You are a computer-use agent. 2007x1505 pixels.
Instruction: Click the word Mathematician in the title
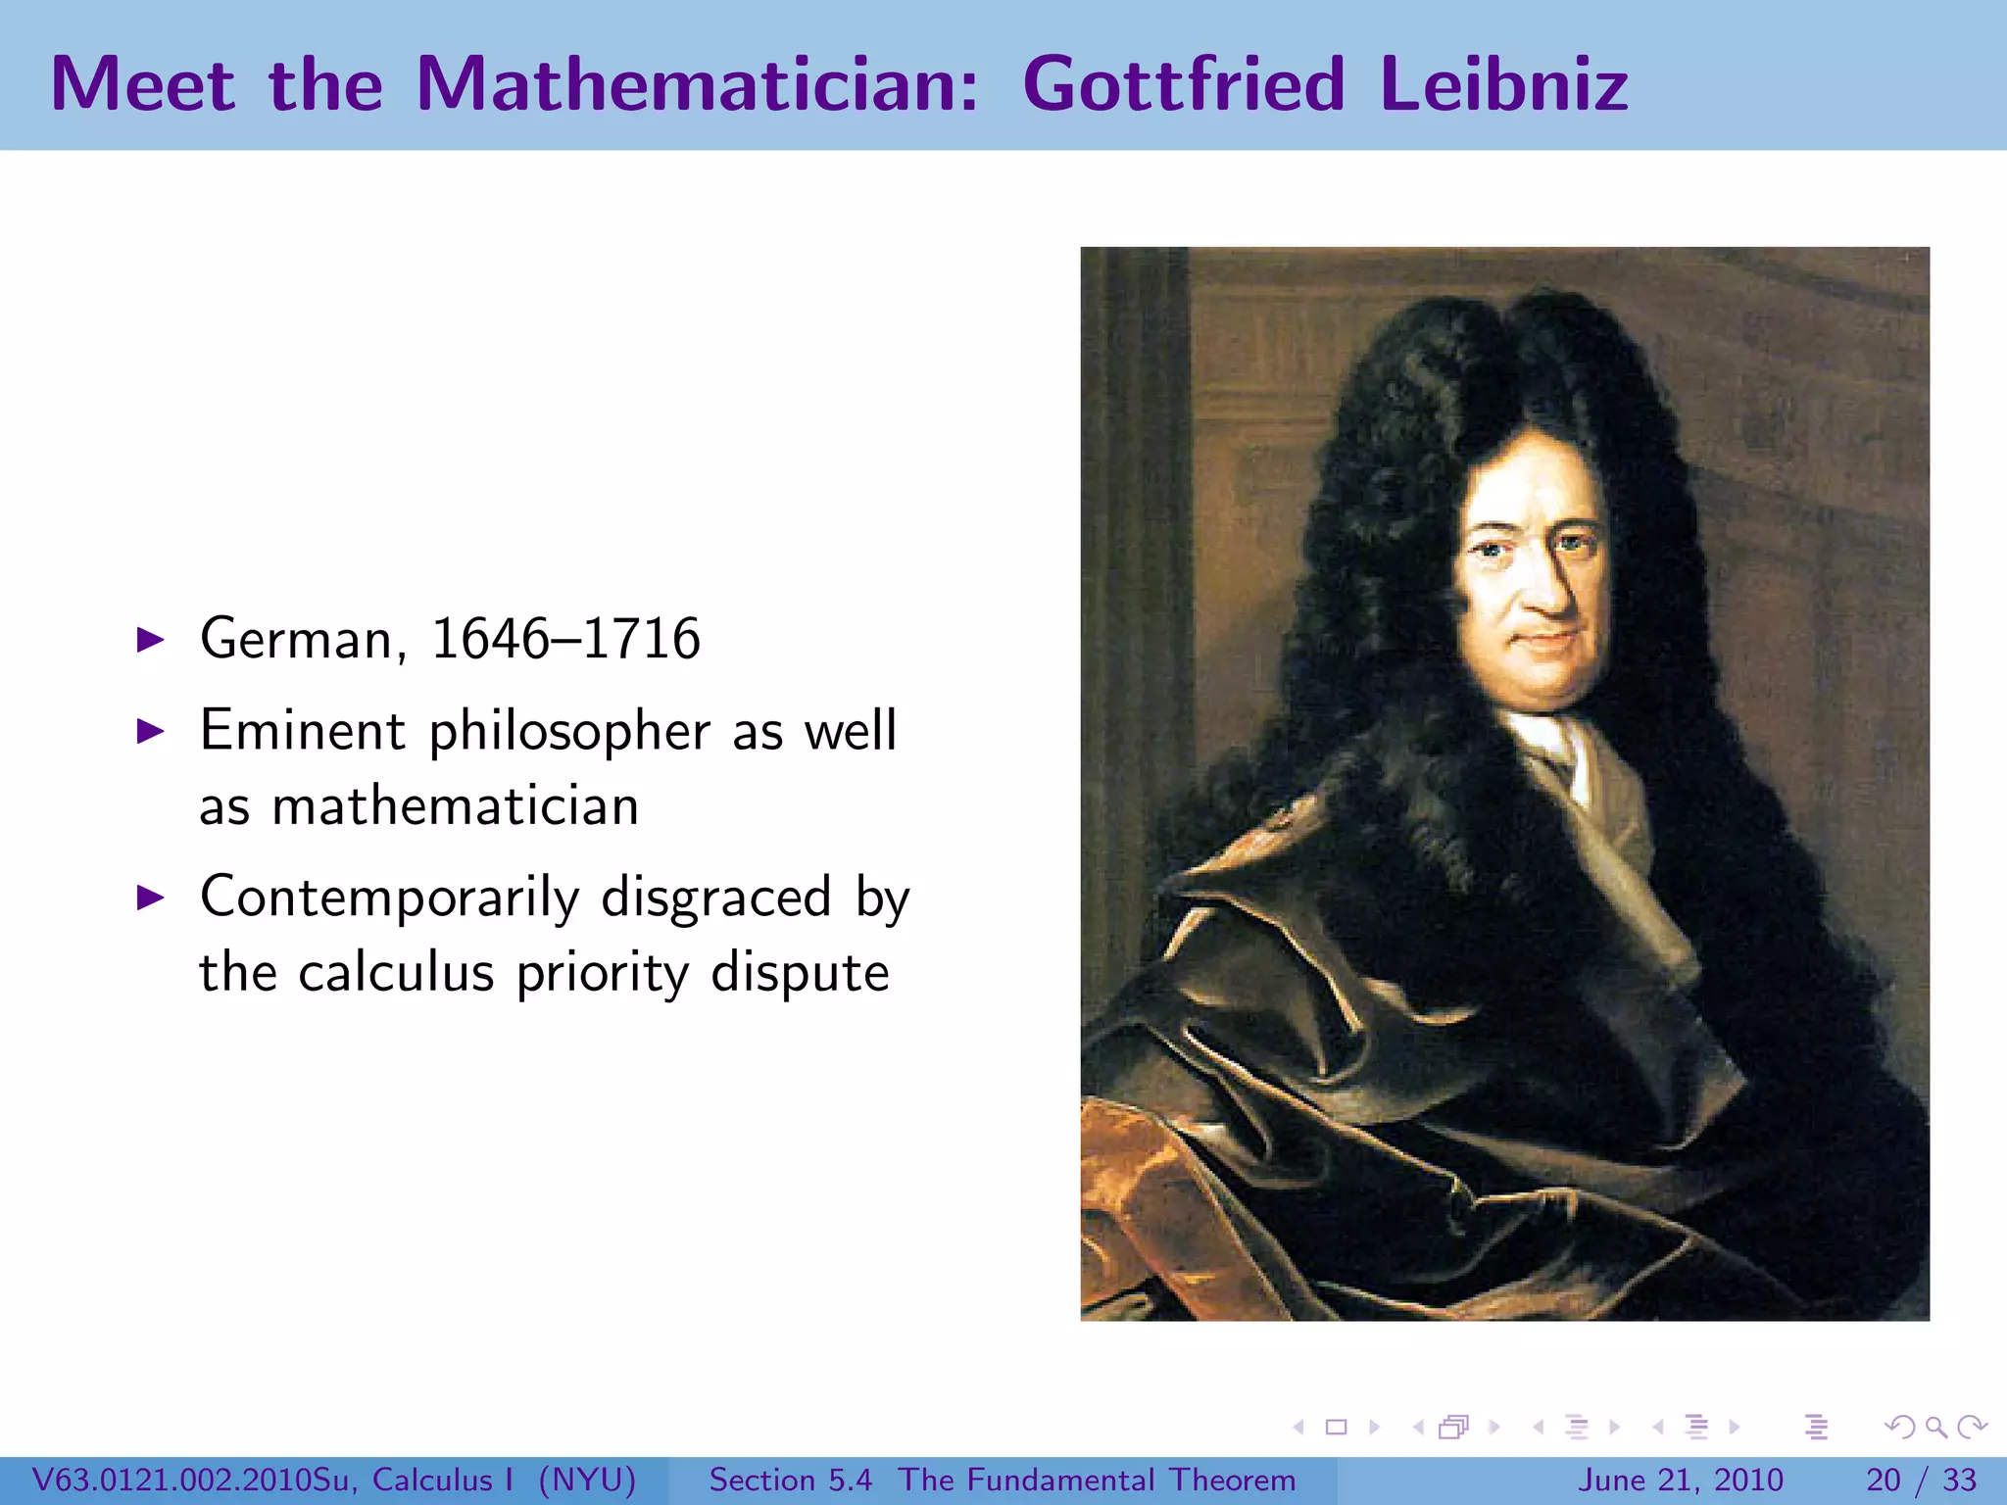(697, 84)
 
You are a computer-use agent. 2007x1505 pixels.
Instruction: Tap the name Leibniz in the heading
(1503, 84)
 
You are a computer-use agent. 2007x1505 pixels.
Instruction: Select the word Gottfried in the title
(1183, 84)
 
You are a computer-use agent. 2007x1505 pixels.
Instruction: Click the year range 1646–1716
(565, 639)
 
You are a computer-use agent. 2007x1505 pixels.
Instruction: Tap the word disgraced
(715, 898)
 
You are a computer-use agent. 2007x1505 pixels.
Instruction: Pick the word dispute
(800, 973)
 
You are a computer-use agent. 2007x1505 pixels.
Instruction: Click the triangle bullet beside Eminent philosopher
(150, 731)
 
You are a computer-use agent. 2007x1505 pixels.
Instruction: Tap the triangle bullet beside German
(150, 641)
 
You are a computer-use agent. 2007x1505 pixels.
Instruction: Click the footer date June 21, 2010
(1680, 1480)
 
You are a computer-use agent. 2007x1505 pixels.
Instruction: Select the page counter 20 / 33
(1921, 1480)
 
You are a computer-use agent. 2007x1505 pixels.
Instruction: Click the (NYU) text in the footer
(587, 1480)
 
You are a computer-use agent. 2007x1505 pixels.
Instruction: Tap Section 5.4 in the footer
(790, 1480)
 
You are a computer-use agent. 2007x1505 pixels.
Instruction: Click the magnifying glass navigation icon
(1935, 1428)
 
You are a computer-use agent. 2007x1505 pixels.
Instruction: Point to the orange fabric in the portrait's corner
(1137, 1195)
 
